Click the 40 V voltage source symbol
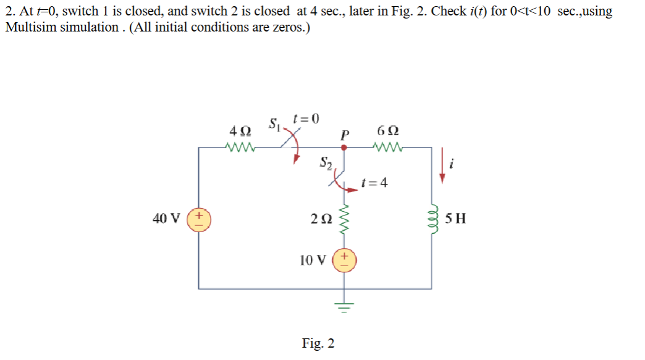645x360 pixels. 199,219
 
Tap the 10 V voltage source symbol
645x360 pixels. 344,260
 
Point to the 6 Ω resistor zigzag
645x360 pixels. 387,148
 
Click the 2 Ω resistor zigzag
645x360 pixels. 344,220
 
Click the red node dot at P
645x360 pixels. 344,148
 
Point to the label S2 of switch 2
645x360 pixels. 326,163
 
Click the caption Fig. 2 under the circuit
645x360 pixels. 318,343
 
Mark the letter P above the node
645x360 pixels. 344,133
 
